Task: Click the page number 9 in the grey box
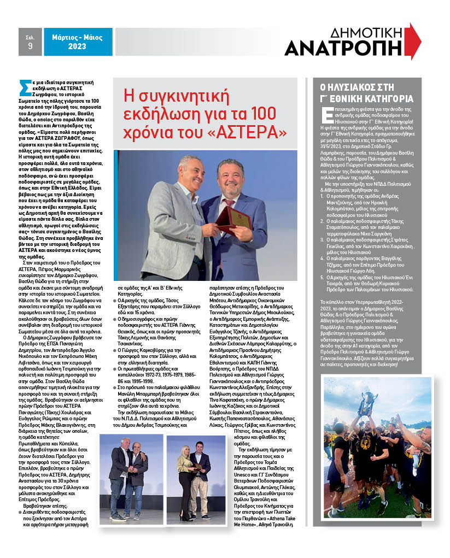tap(30, 46)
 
